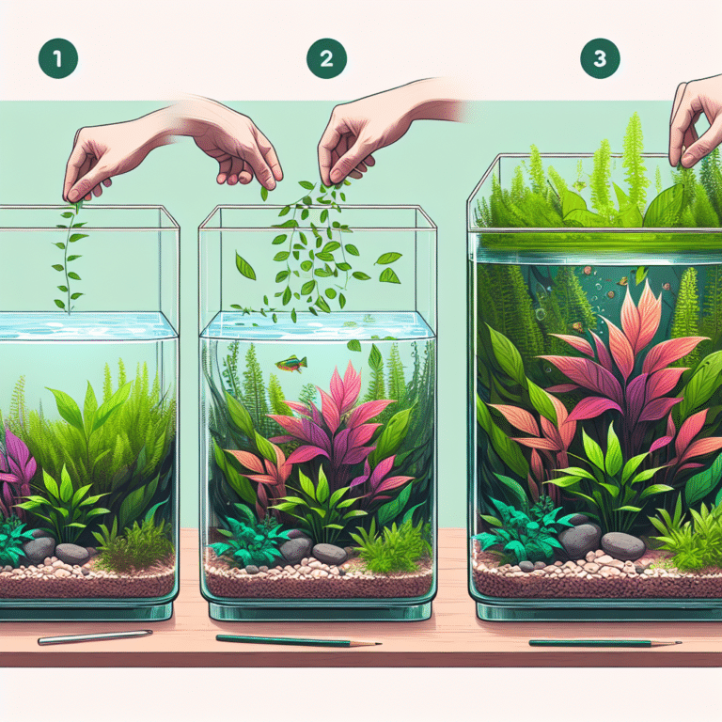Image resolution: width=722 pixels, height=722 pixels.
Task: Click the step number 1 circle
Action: click(x=56, y=59)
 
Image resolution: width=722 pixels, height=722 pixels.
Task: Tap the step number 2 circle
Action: click(x=326, y=59)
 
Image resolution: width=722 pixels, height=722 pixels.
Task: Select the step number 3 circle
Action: click(x=600, y=59)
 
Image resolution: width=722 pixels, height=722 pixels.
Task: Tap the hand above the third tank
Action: click(x=697, y=118)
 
